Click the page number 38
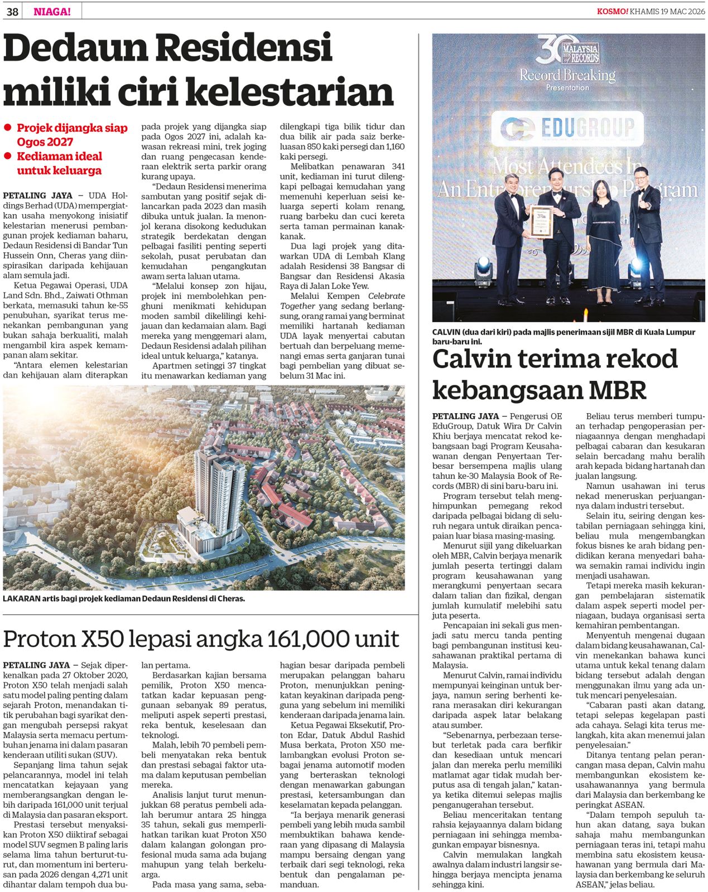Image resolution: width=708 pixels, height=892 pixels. (x=12, y=11)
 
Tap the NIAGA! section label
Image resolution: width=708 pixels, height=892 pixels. (x=52, y=11)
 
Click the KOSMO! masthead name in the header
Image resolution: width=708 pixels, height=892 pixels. (x=612, y=11)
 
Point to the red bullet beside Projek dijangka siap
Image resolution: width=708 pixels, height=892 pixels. (x=8, y=128)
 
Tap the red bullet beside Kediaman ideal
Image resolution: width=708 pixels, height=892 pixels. (x=8, y=156)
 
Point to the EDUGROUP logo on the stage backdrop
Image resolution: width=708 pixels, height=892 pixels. (x=567, y=128)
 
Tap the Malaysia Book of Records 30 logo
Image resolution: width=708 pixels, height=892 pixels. (x=567, y=50)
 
